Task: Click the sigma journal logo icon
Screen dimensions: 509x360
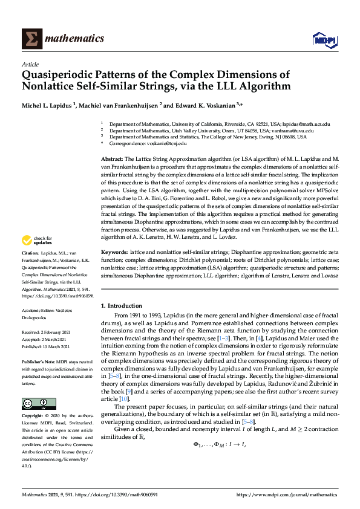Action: pos(31,39)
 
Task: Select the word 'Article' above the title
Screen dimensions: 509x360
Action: pos(30,64)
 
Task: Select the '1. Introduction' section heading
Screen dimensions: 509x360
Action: pos(122,306)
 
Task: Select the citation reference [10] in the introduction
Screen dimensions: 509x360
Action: pos(125,382)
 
